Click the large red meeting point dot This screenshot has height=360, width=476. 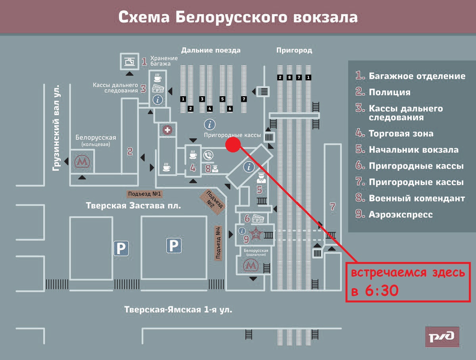coord(233,145)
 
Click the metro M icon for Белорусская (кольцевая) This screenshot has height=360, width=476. coord(82,162)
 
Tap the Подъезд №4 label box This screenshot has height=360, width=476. coord(218,243)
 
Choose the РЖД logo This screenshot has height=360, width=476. coord(442,337)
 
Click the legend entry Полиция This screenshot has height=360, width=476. coord(389,92)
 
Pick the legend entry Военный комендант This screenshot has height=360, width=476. coord(416,198)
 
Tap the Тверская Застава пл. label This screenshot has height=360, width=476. coord(133,206)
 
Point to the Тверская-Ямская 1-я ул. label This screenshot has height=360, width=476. coord(178,310)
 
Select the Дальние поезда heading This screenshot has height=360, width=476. coord(211,50)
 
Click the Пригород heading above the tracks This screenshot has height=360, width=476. coord(294,50)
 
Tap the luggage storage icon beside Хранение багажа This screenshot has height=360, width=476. coord(129,61)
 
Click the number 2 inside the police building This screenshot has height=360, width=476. coord(130,151)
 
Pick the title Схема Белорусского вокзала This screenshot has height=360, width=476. coord(238,17)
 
